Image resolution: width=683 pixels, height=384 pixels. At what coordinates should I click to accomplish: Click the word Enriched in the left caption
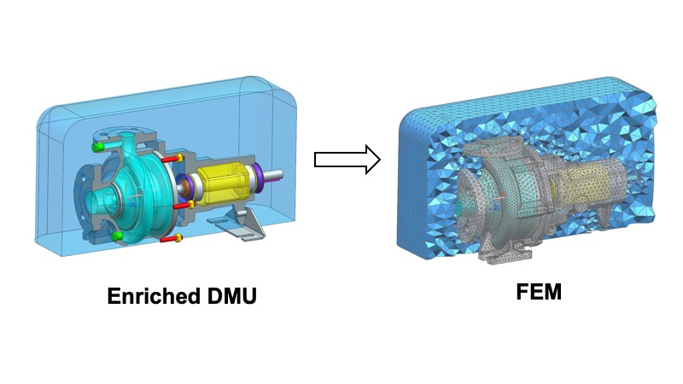tap(154, 296)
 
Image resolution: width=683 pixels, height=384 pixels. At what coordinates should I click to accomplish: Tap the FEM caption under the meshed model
tap(539, 292)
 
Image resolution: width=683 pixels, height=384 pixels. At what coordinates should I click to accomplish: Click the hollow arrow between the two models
tap(347, 160)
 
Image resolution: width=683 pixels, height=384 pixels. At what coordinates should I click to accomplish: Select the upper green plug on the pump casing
tap(97, 147)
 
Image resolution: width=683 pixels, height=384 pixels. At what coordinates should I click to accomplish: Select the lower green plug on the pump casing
tap(116, 237)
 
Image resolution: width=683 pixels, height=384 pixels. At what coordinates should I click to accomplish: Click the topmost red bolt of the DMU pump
tap(172, 159)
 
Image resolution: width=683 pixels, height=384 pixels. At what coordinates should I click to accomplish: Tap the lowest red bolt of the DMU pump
tap(172, 239)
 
